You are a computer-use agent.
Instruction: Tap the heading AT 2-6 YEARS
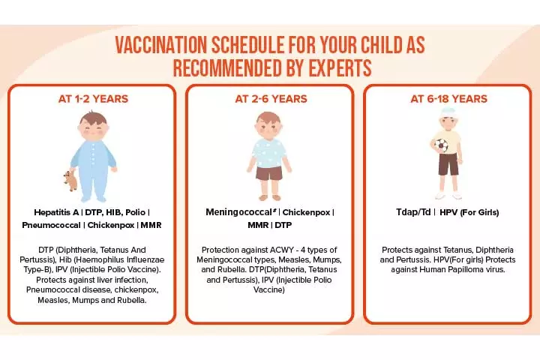pos(270,98)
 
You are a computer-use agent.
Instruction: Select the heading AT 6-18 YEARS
pos(448,98)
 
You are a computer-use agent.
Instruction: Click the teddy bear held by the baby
pos(70,180)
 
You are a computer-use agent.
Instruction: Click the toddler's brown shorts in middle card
pos(269,173)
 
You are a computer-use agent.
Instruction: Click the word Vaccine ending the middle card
pos(271,289)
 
